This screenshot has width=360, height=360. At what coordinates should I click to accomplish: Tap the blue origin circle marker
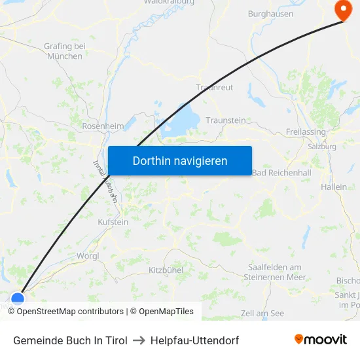click(18, 299)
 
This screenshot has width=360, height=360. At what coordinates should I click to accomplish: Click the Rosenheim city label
click(103, 126)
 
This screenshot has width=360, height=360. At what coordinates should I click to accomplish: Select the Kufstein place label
click(113, 223)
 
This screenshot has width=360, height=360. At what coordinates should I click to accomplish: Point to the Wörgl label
click(88, 255)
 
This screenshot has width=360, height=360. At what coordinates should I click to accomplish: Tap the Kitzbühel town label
click(166, 270)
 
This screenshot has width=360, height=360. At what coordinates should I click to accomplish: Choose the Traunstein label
click(226, 120)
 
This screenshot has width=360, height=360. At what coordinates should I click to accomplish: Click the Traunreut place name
click(215, 87)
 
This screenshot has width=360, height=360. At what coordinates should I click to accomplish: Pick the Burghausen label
click(270, 14)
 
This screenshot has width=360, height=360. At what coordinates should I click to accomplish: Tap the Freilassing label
click(306, 132)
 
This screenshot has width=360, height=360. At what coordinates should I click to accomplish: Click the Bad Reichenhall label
click(281, 172)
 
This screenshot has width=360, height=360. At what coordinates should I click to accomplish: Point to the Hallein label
click(334, 187)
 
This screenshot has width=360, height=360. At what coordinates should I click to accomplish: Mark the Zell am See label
click(262, 314)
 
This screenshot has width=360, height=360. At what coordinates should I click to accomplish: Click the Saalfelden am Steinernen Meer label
click(276, 272)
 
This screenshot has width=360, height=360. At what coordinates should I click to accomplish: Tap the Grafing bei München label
click(65, 51)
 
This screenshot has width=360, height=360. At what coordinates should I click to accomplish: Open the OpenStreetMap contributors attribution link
click(70, 312)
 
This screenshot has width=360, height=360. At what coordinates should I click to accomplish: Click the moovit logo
click(320, 340)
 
